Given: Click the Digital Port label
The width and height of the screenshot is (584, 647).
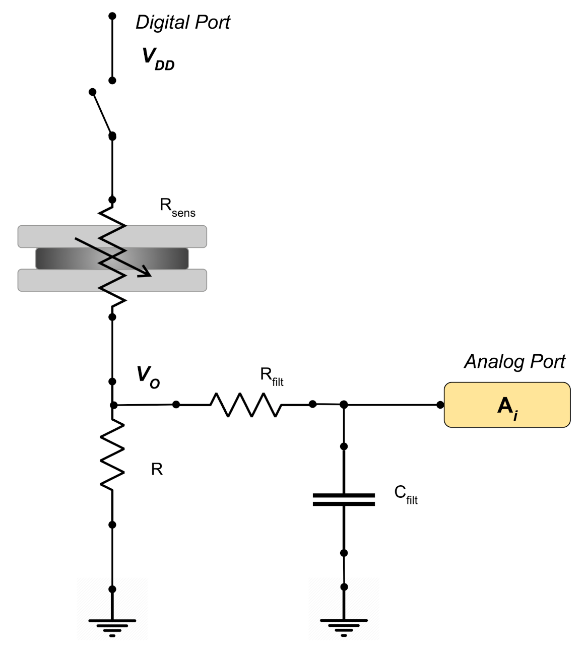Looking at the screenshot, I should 182,23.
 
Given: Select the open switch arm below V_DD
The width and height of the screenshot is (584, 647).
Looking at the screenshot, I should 102,113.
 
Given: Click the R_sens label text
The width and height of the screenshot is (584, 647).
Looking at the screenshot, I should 177,207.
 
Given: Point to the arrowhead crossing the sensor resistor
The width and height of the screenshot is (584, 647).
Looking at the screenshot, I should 146,273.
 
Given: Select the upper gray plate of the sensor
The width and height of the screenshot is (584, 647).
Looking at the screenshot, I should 166,236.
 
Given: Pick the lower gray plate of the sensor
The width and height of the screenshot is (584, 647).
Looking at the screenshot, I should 166,280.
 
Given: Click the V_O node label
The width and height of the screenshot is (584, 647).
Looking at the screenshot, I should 148,377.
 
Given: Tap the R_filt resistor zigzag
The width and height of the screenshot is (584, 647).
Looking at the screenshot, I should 245,405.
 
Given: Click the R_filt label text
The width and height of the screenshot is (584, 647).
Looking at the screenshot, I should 272,376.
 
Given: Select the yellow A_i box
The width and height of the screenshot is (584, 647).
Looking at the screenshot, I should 507,405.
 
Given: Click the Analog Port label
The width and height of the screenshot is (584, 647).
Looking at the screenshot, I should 514,362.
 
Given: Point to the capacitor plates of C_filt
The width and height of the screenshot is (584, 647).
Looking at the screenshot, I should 344,499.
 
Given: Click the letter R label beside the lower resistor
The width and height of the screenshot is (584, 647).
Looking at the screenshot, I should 157,470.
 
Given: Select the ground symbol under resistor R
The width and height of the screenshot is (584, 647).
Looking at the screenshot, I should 112,626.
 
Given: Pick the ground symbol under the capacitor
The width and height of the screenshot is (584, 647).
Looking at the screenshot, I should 344,626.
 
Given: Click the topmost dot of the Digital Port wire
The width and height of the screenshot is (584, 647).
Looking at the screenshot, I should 112,16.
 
